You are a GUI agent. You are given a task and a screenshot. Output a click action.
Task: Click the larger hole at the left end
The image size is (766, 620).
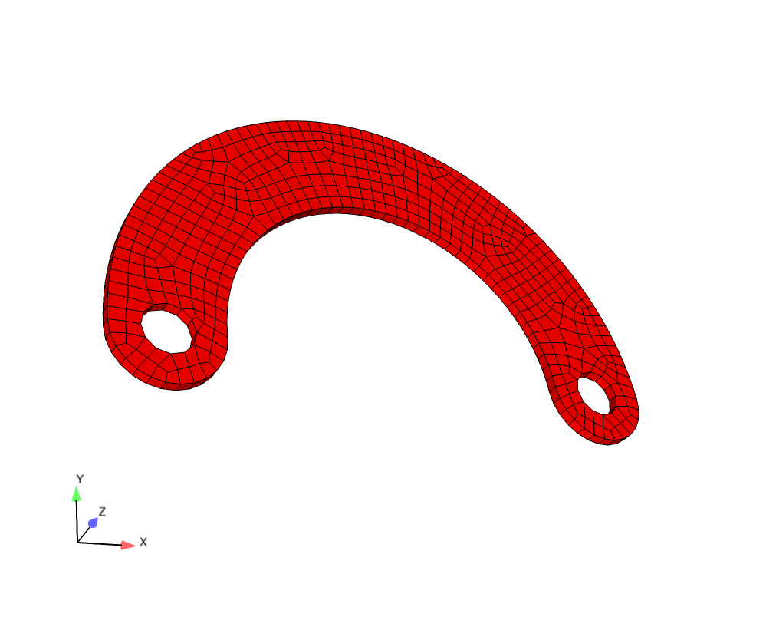(x=166, y=331)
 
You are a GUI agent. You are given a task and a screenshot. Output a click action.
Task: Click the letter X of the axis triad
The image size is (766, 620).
(x=143, y=542)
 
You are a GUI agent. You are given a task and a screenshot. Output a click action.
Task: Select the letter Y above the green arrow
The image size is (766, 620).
(x=80, y=479)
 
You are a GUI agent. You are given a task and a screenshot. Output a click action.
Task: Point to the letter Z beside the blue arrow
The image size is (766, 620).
(x=102, y=512)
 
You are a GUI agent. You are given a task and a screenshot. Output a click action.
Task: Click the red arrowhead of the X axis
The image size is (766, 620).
(x=129, y=545)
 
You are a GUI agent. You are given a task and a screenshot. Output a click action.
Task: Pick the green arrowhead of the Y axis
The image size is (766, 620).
(x=76, y=494)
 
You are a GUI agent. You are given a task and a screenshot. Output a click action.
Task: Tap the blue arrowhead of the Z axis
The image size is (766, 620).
(x=93, y=523)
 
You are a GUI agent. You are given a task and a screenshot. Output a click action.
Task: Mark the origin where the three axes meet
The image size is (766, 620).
(x=77, y=542)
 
